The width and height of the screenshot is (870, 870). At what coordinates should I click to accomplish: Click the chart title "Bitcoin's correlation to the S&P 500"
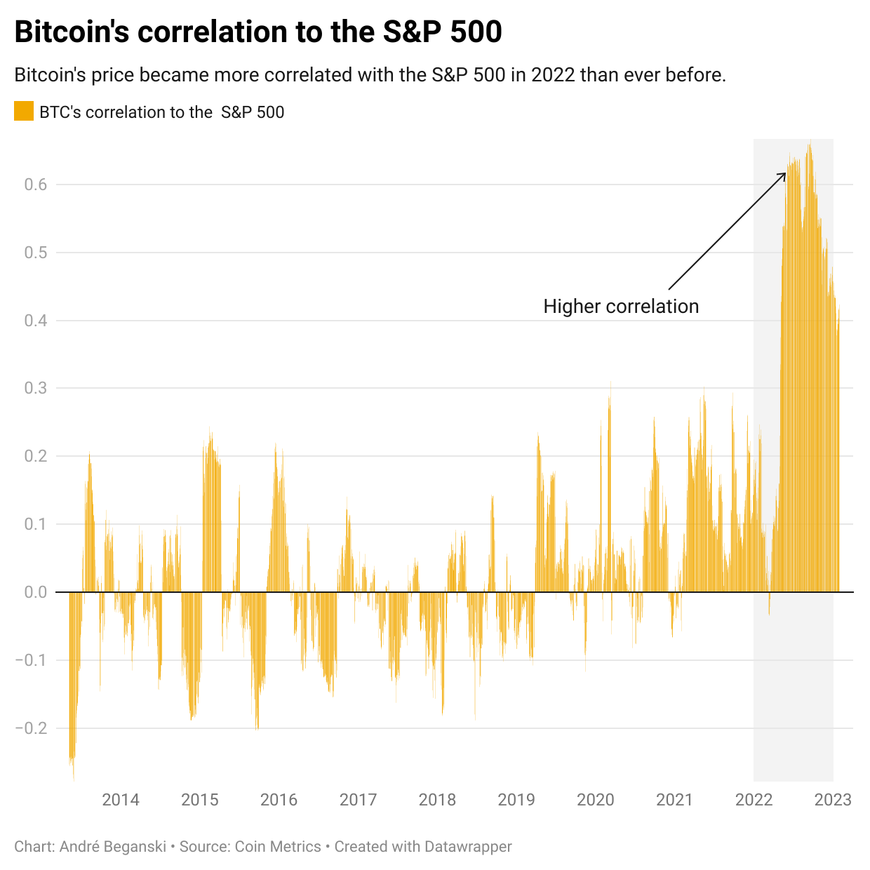pyautogui.click(x=258, y=32)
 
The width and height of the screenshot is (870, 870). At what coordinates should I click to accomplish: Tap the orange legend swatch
pyautogui.click(x=24, y=112)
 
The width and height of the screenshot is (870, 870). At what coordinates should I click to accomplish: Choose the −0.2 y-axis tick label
pyautogui.click(x=32, y=728)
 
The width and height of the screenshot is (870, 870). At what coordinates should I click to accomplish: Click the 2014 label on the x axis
pyautogui.click(x=121, y=800)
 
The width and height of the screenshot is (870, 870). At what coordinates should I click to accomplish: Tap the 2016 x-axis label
pyautogui.click(x=279, y=800)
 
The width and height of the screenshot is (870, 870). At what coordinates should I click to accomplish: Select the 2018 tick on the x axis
pyautogui.click(x=437, y=800)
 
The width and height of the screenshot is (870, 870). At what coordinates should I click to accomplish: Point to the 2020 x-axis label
pyautogui.click(x=595, y=800)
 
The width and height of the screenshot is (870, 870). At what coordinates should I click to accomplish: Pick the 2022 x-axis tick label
pyautogui.click(x=754, y=800)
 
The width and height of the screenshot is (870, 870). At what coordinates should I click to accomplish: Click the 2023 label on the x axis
pyautogui.click(x=833, y=800)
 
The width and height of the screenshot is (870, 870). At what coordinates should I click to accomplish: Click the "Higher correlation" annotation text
pyautogui.click(x=621, y=307)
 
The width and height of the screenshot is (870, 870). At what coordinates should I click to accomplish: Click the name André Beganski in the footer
pyautogui.click(x=112, y=847)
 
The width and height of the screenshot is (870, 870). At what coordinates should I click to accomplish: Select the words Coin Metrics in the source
pyautogui.click(x=278, y=847)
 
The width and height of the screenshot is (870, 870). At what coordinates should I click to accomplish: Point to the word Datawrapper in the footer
pyautogui.click(x=468, y=847)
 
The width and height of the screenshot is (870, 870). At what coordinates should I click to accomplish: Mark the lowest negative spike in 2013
pyautogui.click(x=74, y=777)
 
